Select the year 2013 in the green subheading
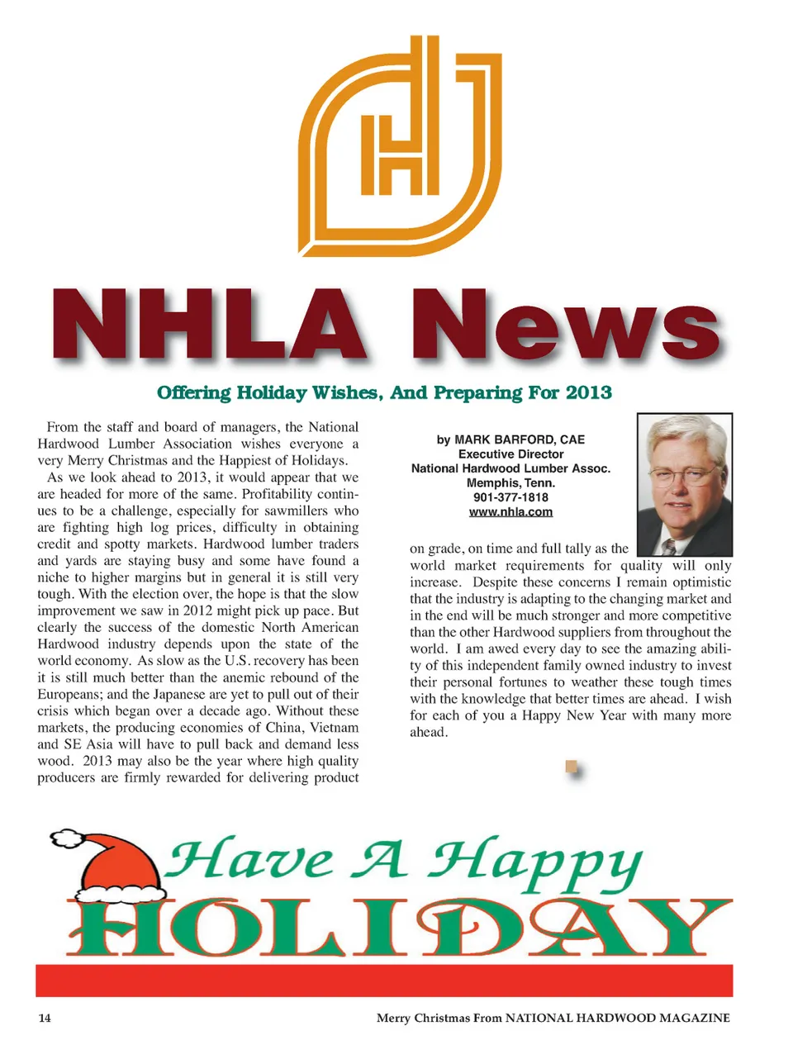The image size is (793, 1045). click(588, 392)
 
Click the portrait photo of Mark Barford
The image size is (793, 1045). click(685, 484)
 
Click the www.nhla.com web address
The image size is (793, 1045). click(510, 512)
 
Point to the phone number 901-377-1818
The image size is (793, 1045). click(510, 497)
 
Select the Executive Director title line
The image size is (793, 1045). click(510, 454)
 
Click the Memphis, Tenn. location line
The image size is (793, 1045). click(510, 483)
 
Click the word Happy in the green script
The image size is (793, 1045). click(535, 864)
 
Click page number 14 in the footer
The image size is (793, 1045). click(45, 1018)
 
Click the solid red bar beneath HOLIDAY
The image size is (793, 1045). click(384, 980)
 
